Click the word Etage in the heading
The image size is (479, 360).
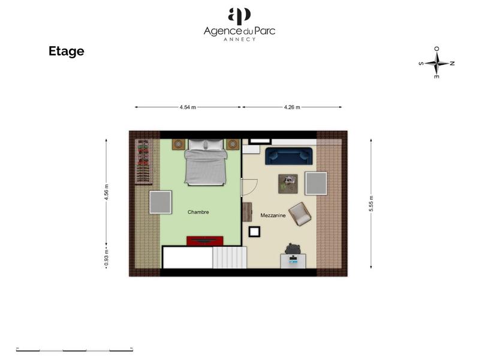point(66,52)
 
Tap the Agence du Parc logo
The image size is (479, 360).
point(239,25)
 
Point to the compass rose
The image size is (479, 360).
point(437,62)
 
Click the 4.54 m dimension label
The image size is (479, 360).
point(187,107)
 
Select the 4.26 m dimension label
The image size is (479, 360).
point(291,107)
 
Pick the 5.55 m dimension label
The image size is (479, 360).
point(371,200)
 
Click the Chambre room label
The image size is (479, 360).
point(198,212)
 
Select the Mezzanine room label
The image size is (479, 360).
point(273,215)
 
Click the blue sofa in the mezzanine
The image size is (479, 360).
point(290,156)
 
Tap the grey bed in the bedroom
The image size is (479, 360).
point(205,163)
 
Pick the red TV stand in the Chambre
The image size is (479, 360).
point(204,241)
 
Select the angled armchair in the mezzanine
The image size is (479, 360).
point(300,214)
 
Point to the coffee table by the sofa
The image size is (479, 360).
point(288,184)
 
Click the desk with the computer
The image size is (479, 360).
point(293,261)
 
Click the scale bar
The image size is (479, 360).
point(74,350)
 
